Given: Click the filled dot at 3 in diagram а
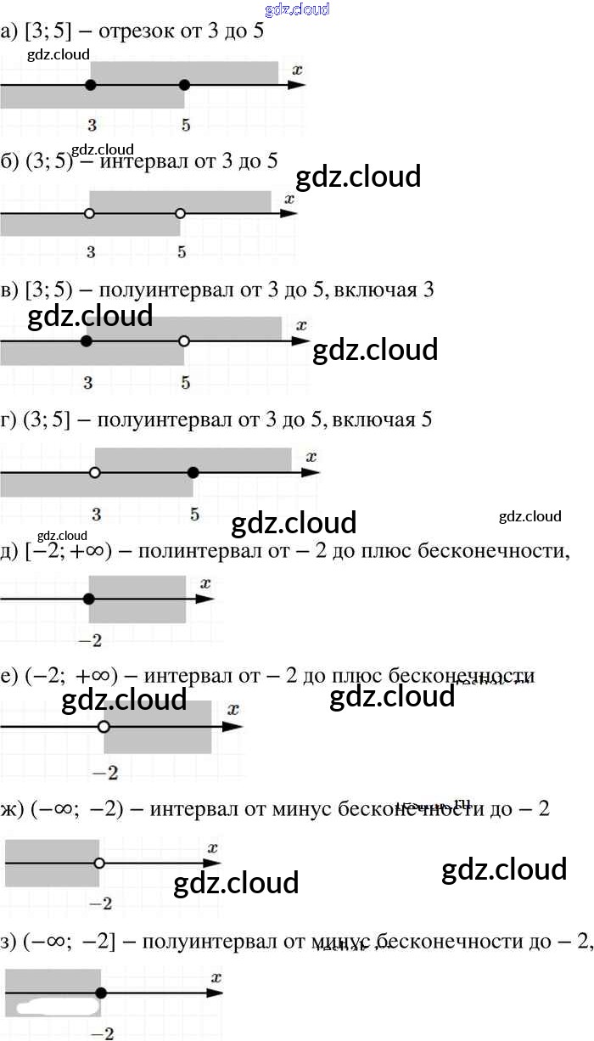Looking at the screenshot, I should point(91,85).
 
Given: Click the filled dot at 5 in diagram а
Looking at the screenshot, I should point(185,85).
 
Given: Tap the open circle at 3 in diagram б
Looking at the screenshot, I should point(89,213).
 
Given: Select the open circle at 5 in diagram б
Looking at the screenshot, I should point(180,213).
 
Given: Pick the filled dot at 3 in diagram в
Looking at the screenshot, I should point(86,341).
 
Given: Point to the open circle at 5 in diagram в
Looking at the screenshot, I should point(184,341).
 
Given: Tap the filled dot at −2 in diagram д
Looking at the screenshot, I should point(89,599).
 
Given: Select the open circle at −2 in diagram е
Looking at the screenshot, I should point(104,727).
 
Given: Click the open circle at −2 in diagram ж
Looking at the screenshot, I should point(99,863).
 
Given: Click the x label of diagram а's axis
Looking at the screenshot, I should point(297,69).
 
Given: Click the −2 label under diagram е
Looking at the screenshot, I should point(105,773).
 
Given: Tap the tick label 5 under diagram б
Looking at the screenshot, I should point(182,251).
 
